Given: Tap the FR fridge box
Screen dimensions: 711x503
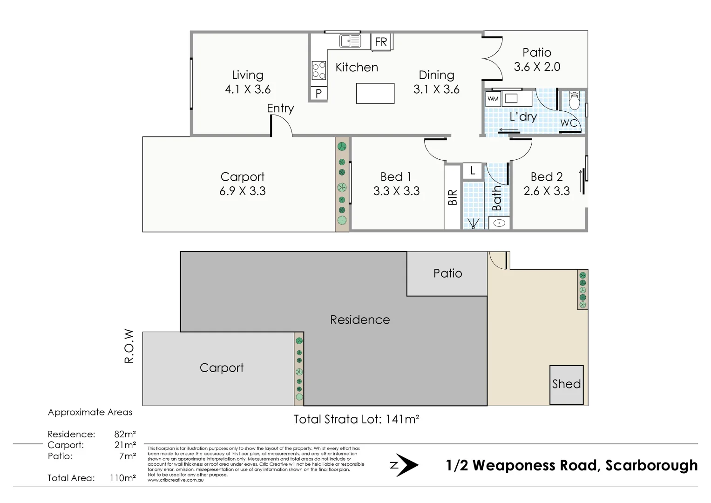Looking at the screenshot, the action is pyautogui.click(x=381, y=41).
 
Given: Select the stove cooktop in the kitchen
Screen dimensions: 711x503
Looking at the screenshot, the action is pyautogui.click(x=318, y=70).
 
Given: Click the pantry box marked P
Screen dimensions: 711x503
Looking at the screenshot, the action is pyautogui.click(x=318, y=93).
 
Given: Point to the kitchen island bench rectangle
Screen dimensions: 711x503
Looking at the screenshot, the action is pyautogui.click(x=375, y=93).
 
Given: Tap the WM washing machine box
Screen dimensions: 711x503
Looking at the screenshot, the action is pyautogui.click(x=493, y=99).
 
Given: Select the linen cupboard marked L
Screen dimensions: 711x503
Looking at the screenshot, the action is pyautogui.click(x=473, y=171).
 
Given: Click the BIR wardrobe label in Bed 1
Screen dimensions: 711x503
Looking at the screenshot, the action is pyautogui.click(x=452, y=197).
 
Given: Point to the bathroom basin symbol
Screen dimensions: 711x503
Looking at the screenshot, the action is pyautogui.click(x=499, y=223).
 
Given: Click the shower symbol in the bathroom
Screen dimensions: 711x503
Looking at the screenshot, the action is pyautogui.click(x=473, y=223).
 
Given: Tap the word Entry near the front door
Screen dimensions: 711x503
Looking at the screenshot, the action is pyautogui.click(x=280, y=108).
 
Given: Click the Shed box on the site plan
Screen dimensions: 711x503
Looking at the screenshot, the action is pyautogui.click(x=567, y=385).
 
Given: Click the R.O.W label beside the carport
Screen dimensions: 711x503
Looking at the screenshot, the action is pyautogui.click(x=129, y=346).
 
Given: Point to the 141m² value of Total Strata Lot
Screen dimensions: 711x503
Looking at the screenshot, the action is pyautogui.click(x=402, y=419).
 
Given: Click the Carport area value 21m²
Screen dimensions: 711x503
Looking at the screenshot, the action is pyautogui.click(x=125, y=445).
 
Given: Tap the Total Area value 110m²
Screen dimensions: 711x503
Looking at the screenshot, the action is pyautogui.click(x=123, y=478).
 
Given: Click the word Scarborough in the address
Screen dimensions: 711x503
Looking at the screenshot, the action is pyautogui.click(x=652, y=466).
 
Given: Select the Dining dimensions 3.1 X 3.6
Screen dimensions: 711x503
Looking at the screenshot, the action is pyautogui.click(x=436, y=89).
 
